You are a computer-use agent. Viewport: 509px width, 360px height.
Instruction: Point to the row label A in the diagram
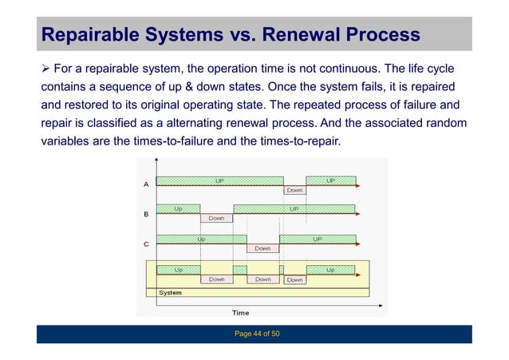(145, 184)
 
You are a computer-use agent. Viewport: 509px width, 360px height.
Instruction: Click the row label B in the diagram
(145, 214)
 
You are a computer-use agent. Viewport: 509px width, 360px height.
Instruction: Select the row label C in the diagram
(145, 244)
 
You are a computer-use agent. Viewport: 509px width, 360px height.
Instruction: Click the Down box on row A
(294, 190)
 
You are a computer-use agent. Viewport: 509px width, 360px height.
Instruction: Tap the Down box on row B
(216, 218)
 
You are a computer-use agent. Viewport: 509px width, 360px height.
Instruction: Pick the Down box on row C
(262, 248)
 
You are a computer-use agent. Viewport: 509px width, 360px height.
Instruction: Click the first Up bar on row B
(178, 208)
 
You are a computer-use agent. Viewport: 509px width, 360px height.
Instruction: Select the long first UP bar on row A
(219, 180)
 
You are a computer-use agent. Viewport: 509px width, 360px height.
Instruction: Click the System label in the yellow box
(170, 293)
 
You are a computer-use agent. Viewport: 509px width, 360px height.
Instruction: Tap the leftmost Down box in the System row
(216, 279)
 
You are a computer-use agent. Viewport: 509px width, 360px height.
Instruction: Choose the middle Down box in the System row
(262, 279)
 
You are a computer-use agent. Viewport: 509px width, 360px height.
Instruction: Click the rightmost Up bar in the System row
(330, 270)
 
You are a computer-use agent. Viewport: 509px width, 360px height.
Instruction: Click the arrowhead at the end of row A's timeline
(358, 185)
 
